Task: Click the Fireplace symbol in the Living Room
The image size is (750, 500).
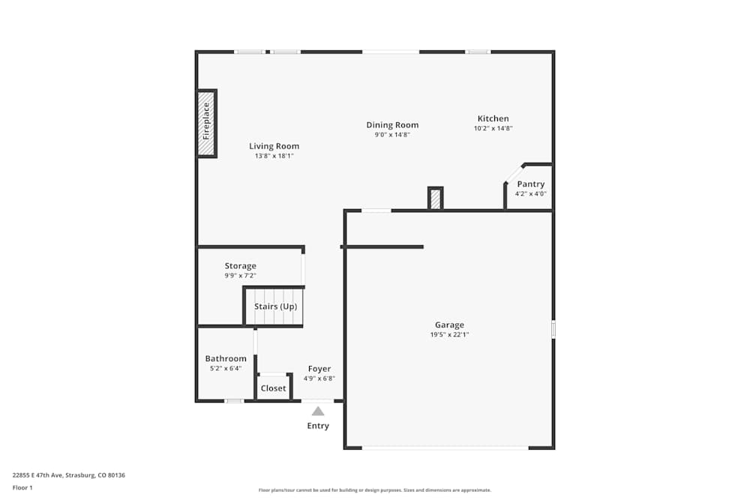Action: click(206, 123)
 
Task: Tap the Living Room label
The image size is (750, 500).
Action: click(274, 146)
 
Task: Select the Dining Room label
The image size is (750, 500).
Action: click(392, 125)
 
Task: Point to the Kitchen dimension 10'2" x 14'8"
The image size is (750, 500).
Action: click(493, 128)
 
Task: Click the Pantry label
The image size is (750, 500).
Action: click(530, 184)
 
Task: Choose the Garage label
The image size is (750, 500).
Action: click(449, 325)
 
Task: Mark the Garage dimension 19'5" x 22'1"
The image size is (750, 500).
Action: click(449, 335)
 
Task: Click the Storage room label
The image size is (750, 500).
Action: click(240, 266)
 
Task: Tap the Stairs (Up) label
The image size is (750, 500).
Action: click(275, 307)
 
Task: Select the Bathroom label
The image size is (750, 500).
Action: click(226, 359)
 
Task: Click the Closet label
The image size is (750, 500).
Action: click(273, 388)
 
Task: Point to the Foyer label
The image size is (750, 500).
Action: click(319, 369)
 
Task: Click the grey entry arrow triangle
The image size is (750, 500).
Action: click(318, 411)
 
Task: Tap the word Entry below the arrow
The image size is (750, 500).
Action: click(318, 427)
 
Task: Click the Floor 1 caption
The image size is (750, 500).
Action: click(22, 488)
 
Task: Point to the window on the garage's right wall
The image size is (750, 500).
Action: click(553, 329)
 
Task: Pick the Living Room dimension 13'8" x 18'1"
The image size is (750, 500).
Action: click(274, 156)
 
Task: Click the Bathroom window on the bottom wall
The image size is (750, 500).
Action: click(234, 401)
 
